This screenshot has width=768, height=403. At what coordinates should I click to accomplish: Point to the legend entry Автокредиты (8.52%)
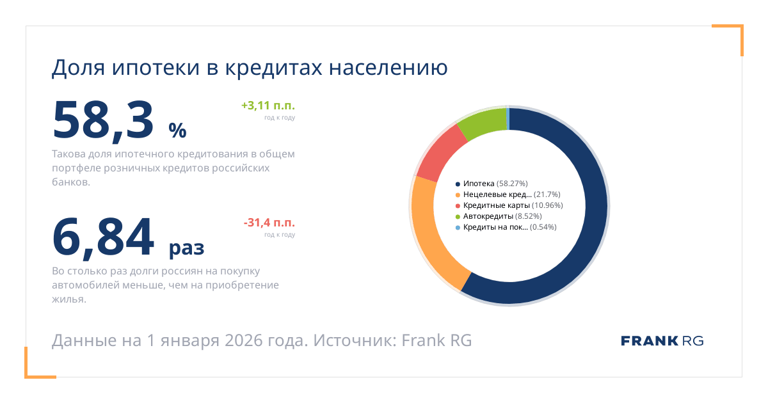pos(499,216)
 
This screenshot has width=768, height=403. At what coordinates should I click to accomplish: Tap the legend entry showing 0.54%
pos(505,227)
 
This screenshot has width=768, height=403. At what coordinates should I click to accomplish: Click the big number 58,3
pos(104,120)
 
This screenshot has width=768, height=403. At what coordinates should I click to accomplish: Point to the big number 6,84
pos(104,237)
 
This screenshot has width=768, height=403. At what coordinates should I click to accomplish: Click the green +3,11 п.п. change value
pos(268,106)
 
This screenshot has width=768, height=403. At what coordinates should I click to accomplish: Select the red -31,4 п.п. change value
pos(269,223)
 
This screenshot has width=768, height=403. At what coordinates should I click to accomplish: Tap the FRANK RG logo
pos(662,340)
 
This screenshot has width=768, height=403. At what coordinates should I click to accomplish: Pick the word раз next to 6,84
pos(186,248)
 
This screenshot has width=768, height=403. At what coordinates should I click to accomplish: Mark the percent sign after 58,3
pos(177,130)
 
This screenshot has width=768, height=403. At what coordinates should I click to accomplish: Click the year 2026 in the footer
pos(244,340)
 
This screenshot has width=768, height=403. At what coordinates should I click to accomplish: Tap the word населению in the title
pos(388,67)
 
